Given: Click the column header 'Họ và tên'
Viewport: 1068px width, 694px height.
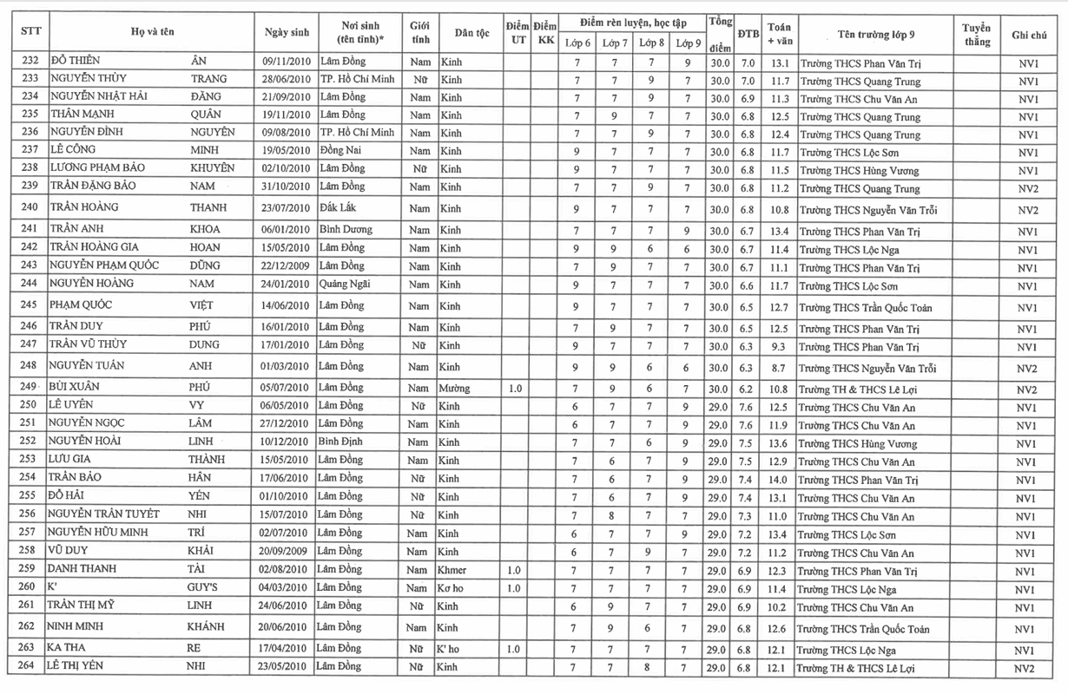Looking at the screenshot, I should [153, 31].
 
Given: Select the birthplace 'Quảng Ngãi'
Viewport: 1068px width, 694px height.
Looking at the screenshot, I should [344, 285].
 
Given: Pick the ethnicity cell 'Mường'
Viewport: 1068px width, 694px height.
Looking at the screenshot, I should [454, 389].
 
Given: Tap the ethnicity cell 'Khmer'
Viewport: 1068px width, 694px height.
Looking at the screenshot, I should [452, 571].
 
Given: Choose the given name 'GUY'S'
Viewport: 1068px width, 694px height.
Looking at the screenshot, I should [204, 588].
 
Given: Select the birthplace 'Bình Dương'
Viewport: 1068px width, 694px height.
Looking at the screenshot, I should [345, 230].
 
